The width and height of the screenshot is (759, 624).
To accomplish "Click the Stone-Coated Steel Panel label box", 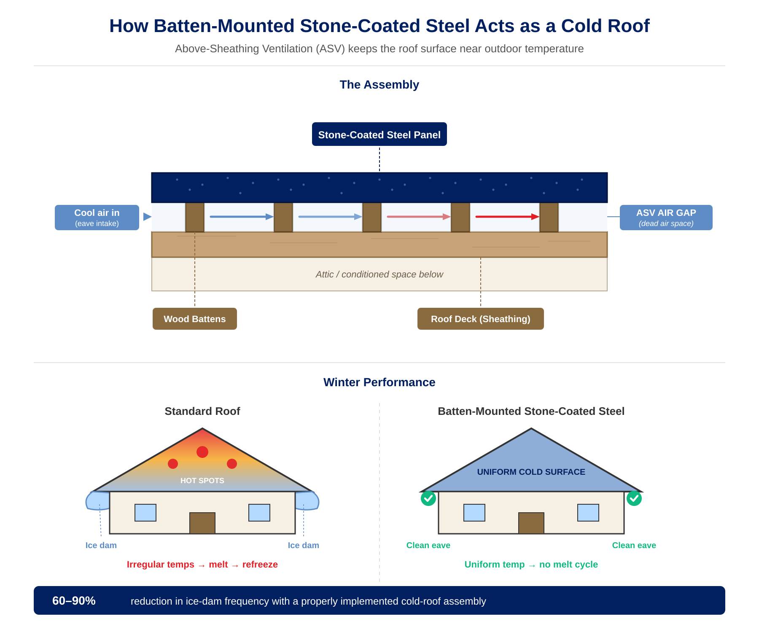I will click(379, 134).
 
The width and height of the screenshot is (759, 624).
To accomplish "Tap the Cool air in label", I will click(97, 217).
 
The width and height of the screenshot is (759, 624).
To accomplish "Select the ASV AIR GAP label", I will click(666, 217).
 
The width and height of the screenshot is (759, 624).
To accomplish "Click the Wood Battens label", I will click(194, 319).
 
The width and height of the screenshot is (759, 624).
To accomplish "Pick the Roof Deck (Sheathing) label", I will click(480, 319).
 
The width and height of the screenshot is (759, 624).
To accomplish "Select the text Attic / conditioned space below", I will click(379, 274).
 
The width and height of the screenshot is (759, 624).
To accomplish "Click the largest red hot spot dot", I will click(202, 452).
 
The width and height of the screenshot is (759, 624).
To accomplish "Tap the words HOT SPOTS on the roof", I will click(202, 481).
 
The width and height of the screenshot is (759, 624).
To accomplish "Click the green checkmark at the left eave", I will click(428, 498).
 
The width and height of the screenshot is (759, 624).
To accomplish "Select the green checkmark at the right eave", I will click(634, 498).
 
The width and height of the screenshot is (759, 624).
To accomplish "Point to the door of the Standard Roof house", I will click(202, 523).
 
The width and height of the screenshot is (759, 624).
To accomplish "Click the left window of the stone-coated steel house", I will click(474, 513).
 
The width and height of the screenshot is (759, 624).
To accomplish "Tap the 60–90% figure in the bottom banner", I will click(74, 601).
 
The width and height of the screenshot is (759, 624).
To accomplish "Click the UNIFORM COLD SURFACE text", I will click(531, 472).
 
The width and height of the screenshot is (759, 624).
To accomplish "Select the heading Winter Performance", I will click(379, 382).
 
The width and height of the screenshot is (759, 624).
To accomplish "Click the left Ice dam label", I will click(101, 545).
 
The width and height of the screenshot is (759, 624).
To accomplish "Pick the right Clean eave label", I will click(634, 545).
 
